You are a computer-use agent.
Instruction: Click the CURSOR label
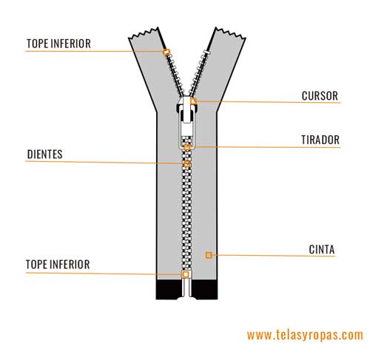(320, 96)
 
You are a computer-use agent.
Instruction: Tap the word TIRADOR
(320, 140)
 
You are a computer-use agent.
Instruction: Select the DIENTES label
(44, 154)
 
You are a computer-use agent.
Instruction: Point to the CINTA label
(322, 249)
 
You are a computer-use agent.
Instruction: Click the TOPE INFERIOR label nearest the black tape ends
(58, 265)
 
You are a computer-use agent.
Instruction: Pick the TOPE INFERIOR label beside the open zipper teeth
(58, 44)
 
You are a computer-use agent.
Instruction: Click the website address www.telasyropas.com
(305, 335)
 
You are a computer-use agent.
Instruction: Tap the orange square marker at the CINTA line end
(209, 255)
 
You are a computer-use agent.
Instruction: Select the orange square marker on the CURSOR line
(193, 101)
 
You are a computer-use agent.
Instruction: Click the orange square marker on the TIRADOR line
(187, 147)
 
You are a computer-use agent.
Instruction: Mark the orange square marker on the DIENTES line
(187, 164)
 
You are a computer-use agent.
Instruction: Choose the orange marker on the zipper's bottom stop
(186, 274)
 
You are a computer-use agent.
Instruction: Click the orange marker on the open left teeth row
(167, 52)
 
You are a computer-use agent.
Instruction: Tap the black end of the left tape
(169, 289)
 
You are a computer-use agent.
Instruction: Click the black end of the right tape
(205, 289)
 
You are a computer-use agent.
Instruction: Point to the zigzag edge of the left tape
(144, 33)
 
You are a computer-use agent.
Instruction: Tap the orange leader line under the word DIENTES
(104, 163)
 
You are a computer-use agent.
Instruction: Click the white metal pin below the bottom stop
(187, 287)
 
